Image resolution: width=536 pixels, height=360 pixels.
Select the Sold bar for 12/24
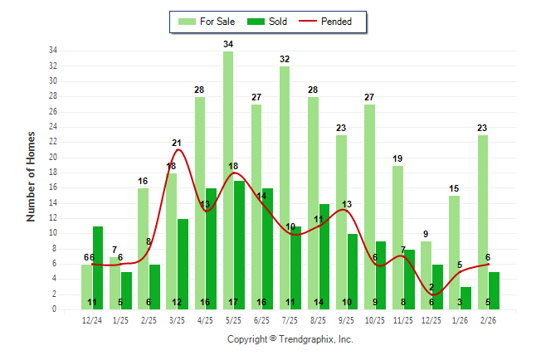pos(98,265)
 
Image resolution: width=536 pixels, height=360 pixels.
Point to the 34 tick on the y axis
pos(52,51)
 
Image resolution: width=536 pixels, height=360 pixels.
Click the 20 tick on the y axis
pos(52,157)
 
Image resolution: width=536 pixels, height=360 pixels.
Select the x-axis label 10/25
pos(375,320)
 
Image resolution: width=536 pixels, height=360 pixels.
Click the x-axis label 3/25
pos(178,320)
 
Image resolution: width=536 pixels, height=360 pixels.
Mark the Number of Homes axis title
pos(31,176)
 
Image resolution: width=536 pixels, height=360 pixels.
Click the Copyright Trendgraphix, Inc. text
pos(290,339)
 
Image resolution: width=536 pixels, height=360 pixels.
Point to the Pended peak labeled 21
pos(177,150)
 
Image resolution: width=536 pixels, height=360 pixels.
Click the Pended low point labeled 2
pos(431,294)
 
